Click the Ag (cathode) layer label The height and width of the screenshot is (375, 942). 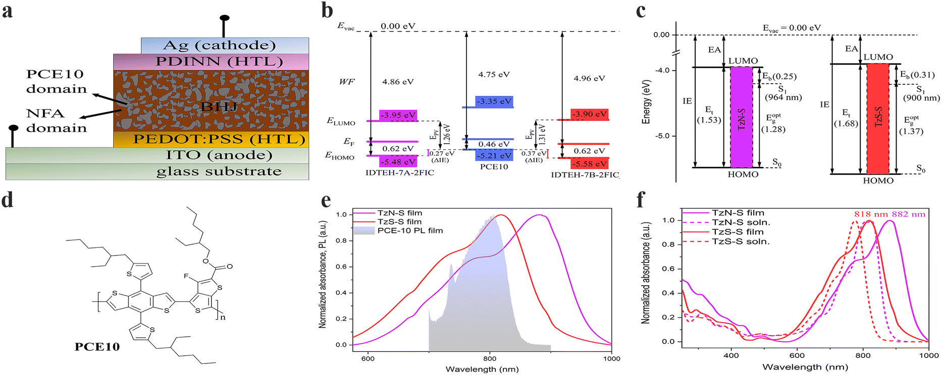pos(220,45)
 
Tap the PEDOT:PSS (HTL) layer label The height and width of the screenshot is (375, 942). pos(219,139)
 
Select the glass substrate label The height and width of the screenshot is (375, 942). pos(219,171)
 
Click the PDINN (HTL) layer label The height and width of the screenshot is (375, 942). pos(220,61)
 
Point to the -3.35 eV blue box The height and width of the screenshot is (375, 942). pos(494,101)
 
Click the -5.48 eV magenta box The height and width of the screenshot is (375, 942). pos(398,162)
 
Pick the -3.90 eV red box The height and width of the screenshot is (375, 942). pos(590,114)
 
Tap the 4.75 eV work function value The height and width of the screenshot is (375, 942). pos(494,74)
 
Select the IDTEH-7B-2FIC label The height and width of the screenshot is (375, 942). pos(585,175)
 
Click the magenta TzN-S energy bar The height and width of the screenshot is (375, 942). pos(742,117)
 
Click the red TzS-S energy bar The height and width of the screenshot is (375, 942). pos(878,119)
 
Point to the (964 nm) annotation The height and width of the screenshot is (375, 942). pos(783,97)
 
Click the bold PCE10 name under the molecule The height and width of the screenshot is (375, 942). pos(97,347)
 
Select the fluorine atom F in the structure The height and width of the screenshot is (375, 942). pos(186,276)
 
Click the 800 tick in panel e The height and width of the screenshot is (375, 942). pos(490,359)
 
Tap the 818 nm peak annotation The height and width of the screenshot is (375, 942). pos(871,214)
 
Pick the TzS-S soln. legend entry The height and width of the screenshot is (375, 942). pos(726,241)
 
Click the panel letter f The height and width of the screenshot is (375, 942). pos(641,200)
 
